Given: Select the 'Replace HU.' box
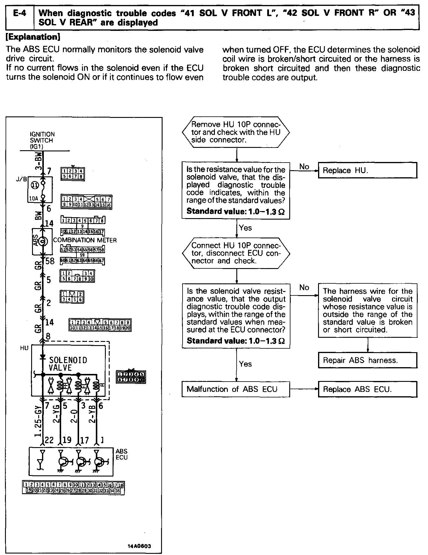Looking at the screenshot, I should (x=367, y=170).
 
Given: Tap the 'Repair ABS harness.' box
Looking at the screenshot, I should (x=367, y=360).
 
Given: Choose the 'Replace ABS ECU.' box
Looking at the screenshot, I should (x=367, y=389).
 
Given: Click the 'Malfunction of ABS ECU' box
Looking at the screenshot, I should (x=236, y=389).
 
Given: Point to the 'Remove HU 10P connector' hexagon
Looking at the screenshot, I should (x=236, y=132).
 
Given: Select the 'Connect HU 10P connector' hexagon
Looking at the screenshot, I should (x=236, y=253).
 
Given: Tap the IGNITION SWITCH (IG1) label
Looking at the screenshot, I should (x=42, y=140).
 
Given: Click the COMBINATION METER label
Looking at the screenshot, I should (x=85, y=240).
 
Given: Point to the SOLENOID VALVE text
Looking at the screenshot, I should (x=68, y=364).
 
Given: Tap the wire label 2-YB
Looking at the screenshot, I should (x=92, y=414).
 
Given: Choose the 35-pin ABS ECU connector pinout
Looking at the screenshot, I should (x=73, y=488).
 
